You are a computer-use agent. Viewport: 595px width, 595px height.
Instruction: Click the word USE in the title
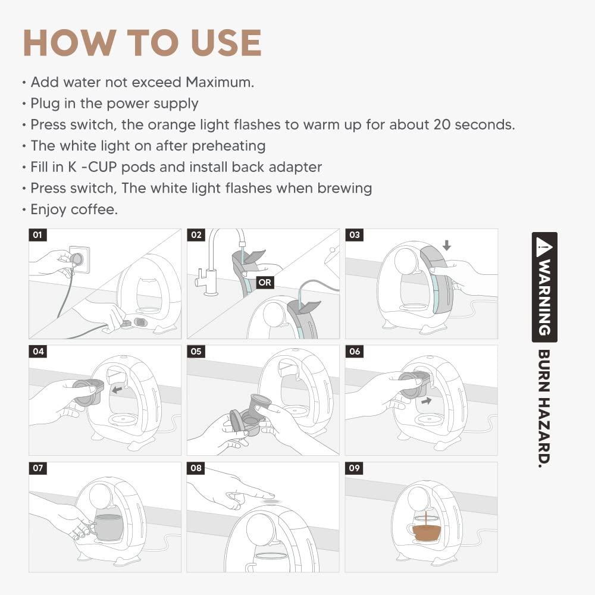(226, 42)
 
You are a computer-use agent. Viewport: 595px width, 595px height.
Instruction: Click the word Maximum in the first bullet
(220, 82)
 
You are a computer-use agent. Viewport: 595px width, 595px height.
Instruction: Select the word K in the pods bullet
(73, 167)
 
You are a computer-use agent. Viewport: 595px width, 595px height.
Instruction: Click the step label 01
(37, 235)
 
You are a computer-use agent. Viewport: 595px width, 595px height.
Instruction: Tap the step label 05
(196, 352)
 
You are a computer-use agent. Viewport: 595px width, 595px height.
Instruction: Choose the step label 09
(354, 468)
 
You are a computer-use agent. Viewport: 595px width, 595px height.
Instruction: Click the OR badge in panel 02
(265, 282)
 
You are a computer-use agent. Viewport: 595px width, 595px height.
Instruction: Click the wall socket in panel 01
(80, 259)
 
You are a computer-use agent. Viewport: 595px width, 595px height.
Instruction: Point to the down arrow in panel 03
(447, 245)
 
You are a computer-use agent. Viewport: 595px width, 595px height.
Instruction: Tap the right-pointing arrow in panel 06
(426, 400)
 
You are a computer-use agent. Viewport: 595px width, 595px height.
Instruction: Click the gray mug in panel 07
(107, 527)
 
